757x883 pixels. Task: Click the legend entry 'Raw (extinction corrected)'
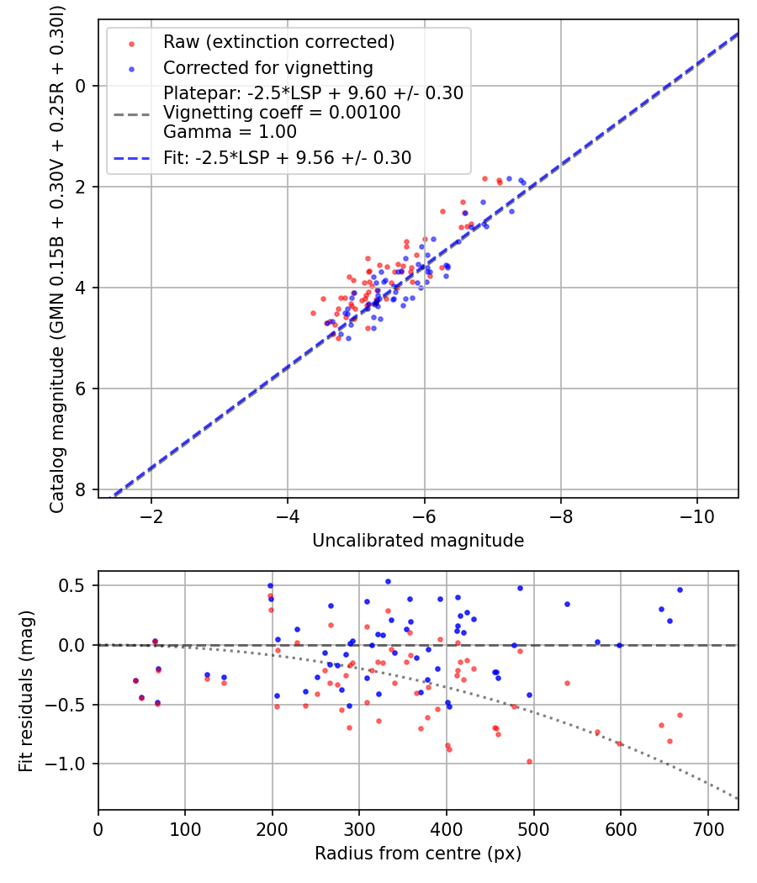click(278, 42)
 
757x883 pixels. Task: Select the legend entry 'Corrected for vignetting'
click(267, 67)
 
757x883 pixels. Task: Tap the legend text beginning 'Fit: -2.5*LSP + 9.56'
click(287, 157)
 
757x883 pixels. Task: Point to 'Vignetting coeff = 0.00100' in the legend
click(282, 113)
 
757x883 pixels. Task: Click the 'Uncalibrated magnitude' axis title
click(418, 541)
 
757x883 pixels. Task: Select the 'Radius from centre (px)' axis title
click(418, 854)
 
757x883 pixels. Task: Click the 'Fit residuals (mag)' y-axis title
click(26, 691)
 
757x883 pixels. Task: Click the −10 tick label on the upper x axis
click(696, 516)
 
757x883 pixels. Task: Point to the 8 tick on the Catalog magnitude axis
click(82, 489)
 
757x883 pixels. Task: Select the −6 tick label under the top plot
click(424, 516)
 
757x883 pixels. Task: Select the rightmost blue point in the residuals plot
click(680, 590)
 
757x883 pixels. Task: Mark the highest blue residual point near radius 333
click(388, 581)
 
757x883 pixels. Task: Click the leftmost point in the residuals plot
click(135, 680)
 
